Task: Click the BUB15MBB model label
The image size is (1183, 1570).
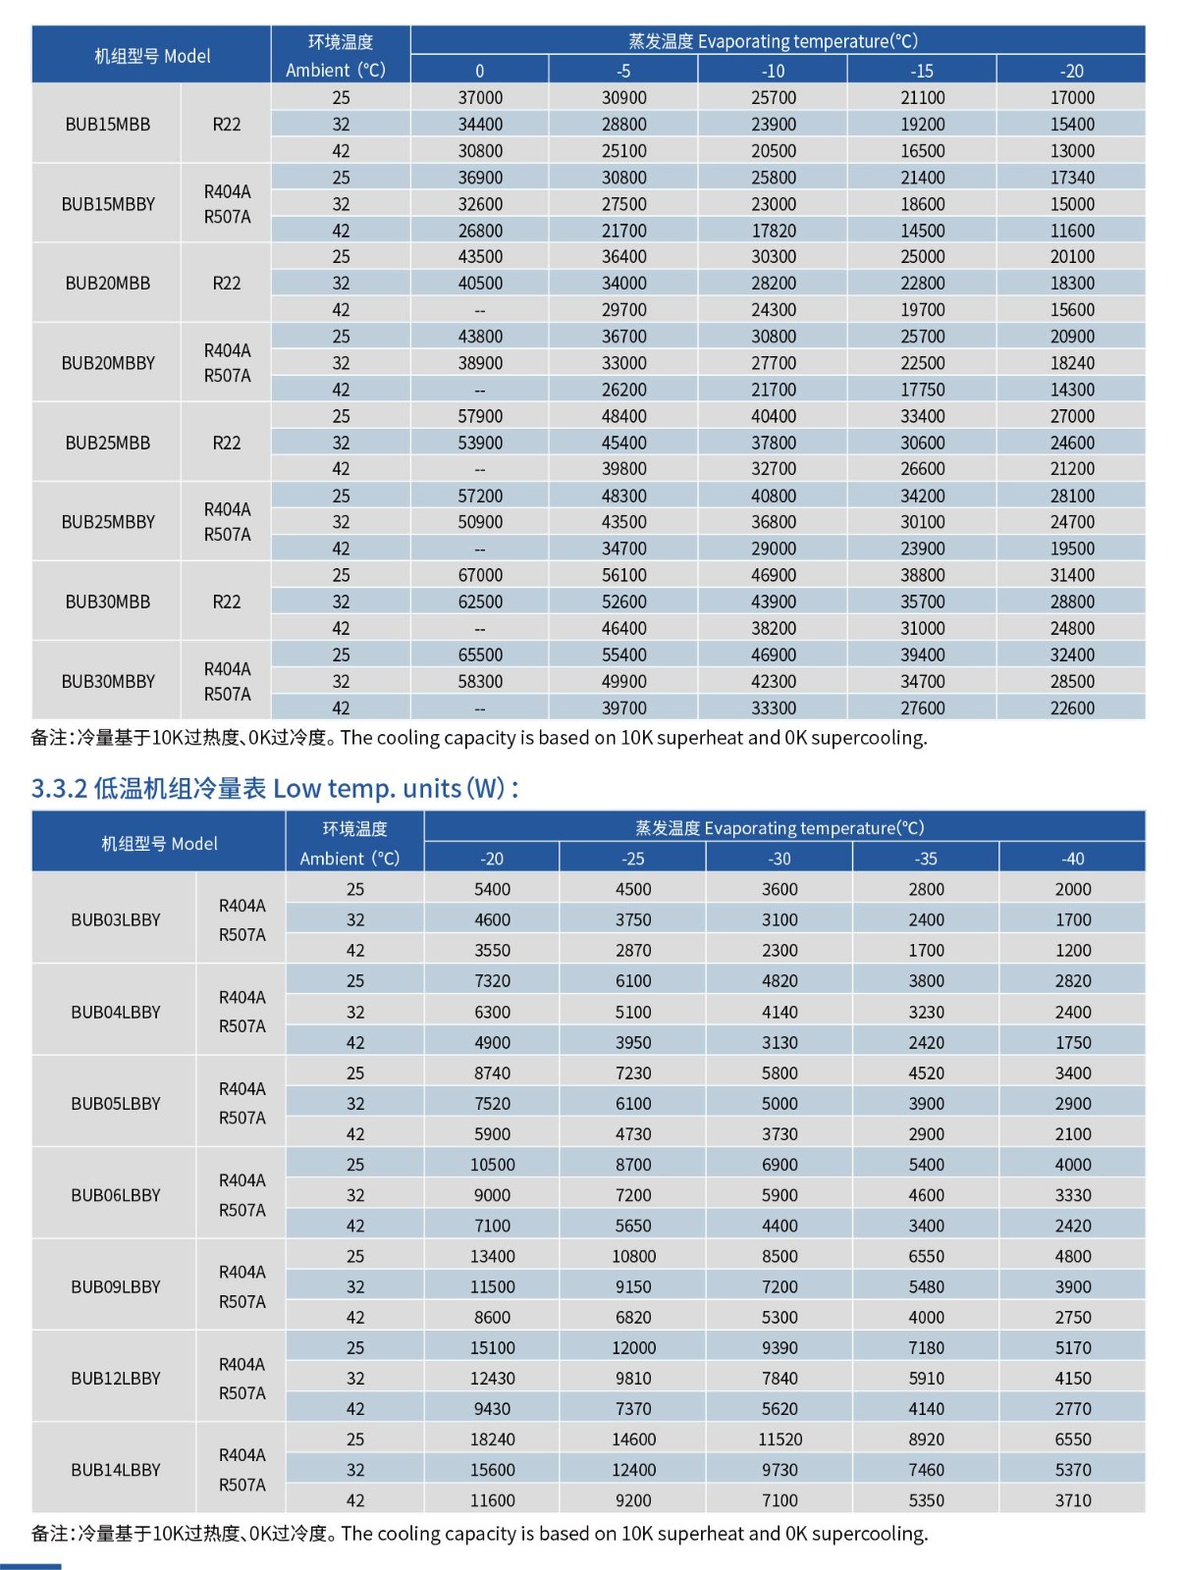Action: pyautogui.click(x=108, y=125)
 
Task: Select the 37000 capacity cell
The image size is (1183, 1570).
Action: pyautogui.click(x=480, y=98)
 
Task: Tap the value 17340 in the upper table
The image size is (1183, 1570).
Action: pyautogui.click(x=1071, y=178)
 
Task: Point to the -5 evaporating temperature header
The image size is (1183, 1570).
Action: pyautogui.click(x=623, y=71)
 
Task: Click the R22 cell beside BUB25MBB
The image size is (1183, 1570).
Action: pyautogui.click(x=226, y=443)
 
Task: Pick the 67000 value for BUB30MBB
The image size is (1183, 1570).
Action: pyautogui.click(x=480, y=575)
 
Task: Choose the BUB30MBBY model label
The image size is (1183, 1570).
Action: pyautogui.click(x=108, y=681)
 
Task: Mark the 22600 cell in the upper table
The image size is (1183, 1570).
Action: pyautogui.click(x=1071, y=707)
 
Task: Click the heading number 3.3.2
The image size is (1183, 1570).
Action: pyautogui.click(x=59, y=788)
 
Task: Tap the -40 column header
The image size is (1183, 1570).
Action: pyautogui.click(x=1072, y=859)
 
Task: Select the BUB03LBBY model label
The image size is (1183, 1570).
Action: pyautogui.click(x=115, y=919)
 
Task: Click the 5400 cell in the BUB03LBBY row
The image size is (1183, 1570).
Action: pyautogui.click(x=492, y=889)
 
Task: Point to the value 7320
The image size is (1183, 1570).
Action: pyautogui.click(x=492, y=980)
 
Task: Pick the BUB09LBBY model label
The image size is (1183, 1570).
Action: pyautogui.click(x=115, y=1286)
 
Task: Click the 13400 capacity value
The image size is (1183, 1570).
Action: pyautogui.click(x=492, y=1256)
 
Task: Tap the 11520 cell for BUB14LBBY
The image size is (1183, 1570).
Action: pyautogui.click(x=780, y=1439)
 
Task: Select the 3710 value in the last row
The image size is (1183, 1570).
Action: pyautogui.click(x=1072, y=1500)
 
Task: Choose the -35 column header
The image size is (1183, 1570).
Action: pyautogui.click(x=926, y=859)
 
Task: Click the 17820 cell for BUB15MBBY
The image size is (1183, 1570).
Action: pyautogui.click(x=773, y=231)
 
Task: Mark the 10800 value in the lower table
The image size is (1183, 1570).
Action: pyautogui.click(x=633, y=1256)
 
